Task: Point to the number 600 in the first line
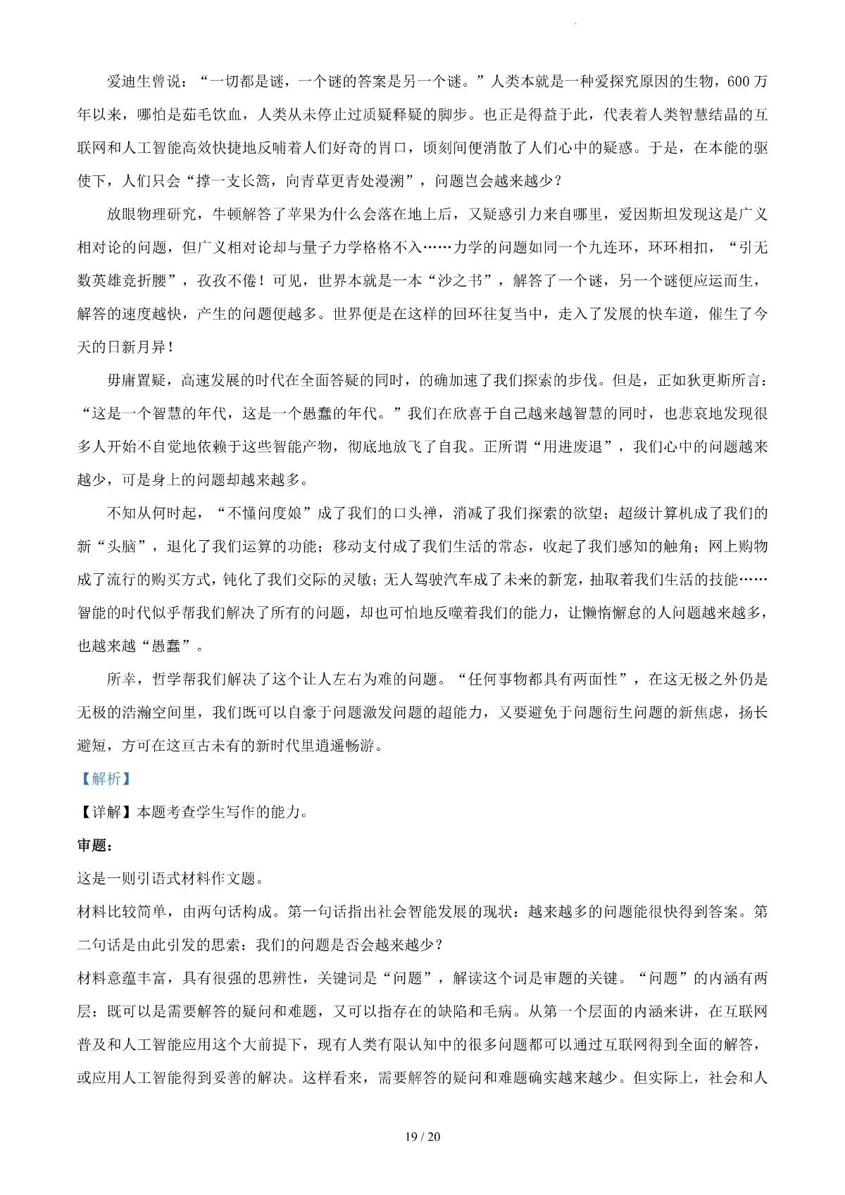[737, 81]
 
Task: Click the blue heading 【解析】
[102, 779]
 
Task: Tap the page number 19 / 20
[423, 1137]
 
